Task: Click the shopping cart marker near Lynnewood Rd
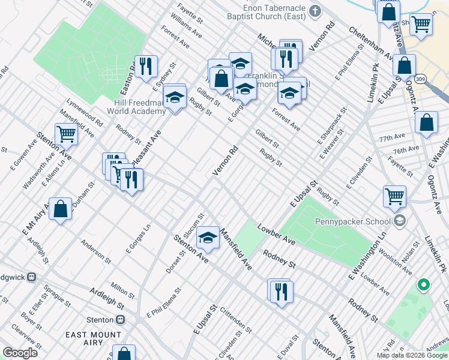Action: coord(66,134)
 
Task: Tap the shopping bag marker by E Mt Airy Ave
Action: coord(61,209)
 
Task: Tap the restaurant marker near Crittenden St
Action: coord(281,292)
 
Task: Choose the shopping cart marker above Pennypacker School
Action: coord(394,196)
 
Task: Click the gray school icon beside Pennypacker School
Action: coord(399,221)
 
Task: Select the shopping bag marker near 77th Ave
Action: coord(426,123)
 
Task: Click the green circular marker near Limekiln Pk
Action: coord(424,284)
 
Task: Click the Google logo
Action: coord(20,352)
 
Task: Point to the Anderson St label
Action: coord(96,253)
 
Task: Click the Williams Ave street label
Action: coord(185,25)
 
